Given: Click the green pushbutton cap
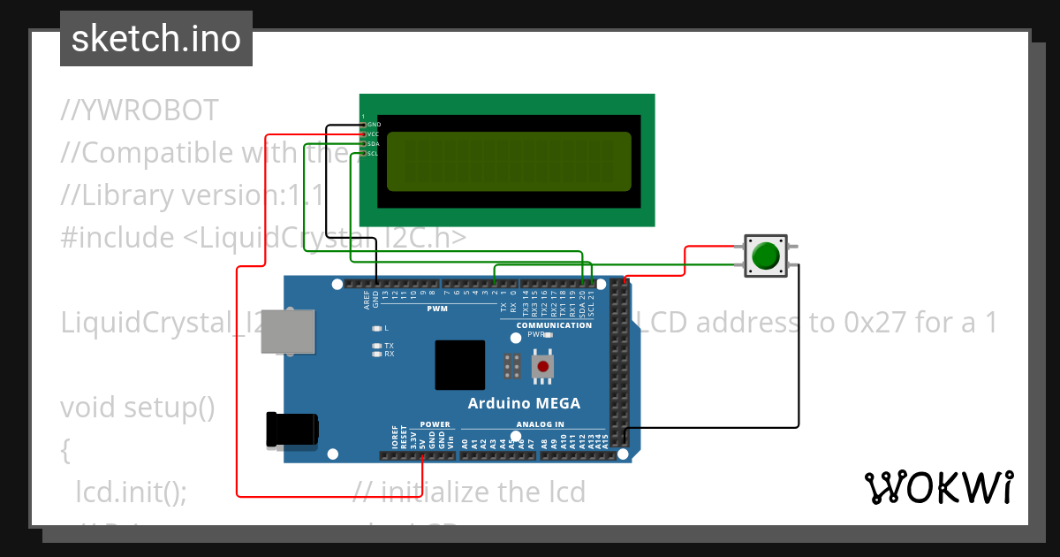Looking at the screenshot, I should [765, 256].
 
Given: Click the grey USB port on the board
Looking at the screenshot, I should [288, 332].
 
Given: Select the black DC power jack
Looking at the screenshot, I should [293, 430].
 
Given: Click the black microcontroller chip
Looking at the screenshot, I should [459, 365].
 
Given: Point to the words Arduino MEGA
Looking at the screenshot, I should [524, 403].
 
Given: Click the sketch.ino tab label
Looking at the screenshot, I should [155, 39].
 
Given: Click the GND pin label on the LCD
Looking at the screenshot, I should [374, 125].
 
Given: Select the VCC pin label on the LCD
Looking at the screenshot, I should [374, 134].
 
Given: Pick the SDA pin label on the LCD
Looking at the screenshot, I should [374, 143].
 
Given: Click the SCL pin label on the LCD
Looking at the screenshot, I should [374, 153].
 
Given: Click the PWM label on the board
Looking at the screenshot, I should [437, 309].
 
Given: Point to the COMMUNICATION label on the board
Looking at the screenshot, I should [554, 325].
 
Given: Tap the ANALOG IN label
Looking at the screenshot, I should [540, 424].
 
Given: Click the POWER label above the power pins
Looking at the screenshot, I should [435, 424].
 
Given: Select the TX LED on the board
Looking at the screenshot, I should [377, 346].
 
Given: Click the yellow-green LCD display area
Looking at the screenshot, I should [510, 161].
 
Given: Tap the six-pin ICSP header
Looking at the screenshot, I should [511, 365].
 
